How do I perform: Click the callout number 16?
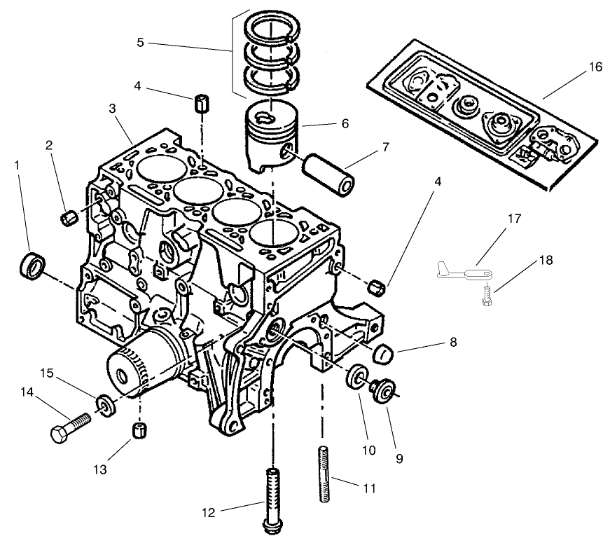pos(595,68)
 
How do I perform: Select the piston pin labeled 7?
pos(328,176)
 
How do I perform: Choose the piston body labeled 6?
pos(272,137)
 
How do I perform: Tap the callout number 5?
pos(140,43)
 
